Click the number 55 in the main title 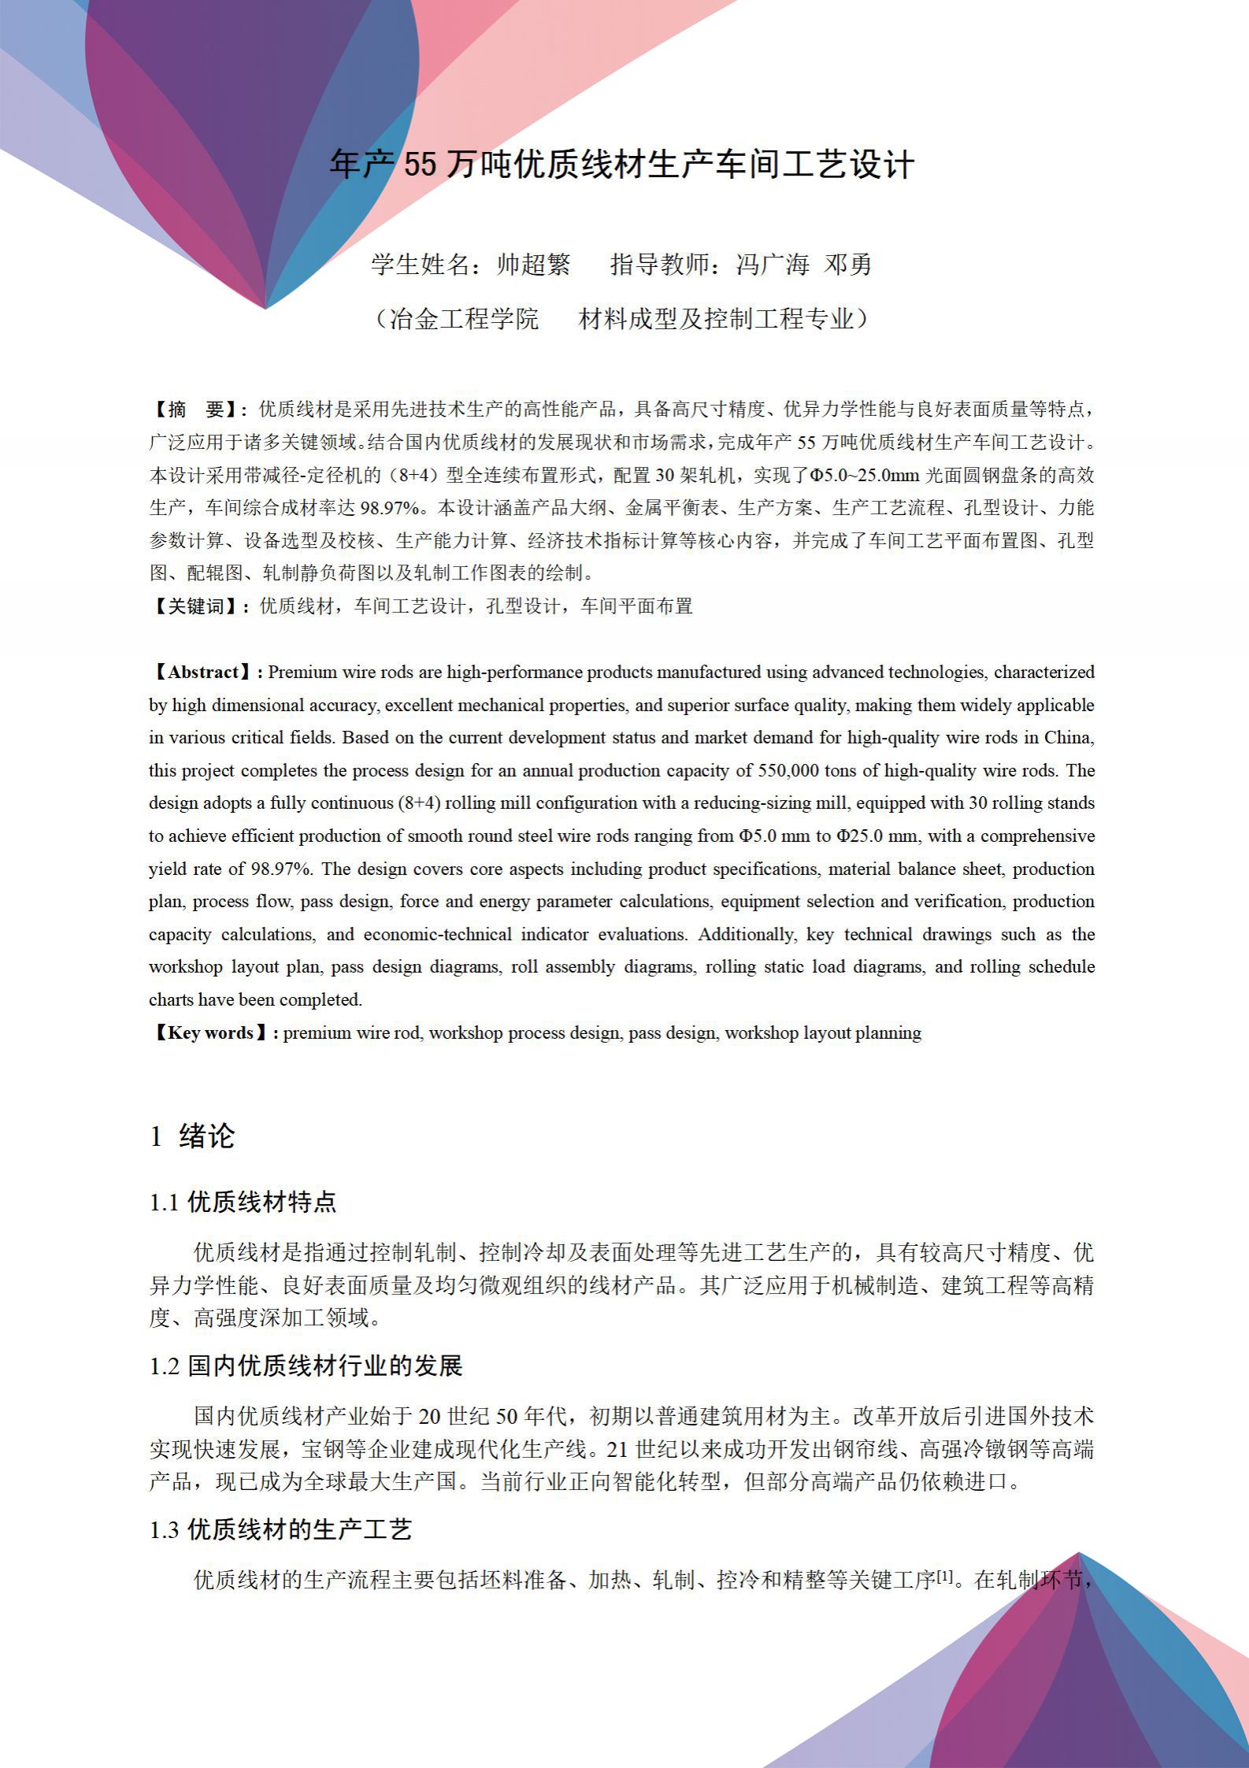[x=419, y=165]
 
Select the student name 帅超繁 [x=533, y=265]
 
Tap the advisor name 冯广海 [x=772, y=265]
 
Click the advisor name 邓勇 [x=848, y=265]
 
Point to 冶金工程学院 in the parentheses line [x=464, y=319]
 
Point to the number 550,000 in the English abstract [x=788, y=771]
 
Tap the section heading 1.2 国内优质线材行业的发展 [x=306, y=1366]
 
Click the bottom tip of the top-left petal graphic [x=265, y=308]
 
